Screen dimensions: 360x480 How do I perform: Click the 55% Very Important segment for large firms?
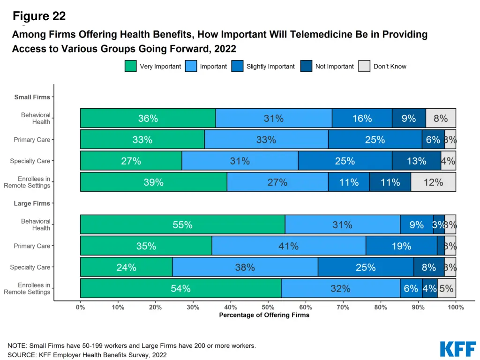coord(183,225)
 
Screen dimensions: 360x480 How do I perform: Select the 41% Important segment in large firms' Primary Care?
coord(289,246)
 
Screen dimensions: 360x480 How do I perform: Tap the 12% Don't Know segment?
coord(433,182)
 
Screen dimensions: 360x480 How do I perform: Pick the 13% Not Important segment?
coord(416,161)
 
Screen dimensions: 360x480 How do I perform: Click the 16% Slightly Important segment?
coord(362,118)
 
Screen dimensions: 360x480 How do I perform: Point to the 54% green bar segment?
coord(181,288)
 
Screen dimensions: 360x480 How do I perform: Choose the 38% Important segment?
coord(245,267)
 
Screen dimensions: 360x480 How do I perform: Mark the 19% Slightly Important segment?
coord(401,246)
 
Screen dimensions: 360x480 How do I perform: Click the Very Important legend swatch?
coord(130,66)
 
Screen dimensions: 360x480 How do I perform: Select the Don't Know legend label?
coord(390,67)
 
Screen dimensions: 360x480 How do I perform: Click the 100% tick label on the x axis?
coord(456,307)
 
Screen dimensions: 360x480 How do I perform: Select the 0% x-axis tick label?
coord(81,307)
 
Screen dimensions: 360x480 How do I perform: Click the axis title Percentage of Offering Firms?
coord(264,315)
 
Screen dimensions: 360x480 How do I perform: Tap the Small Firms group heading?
coord(32,97)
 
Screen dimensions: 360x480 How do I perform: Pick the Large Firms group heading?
coord(32,203)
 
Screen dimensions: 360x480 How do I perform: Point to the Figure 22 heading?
coord(39,16)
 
